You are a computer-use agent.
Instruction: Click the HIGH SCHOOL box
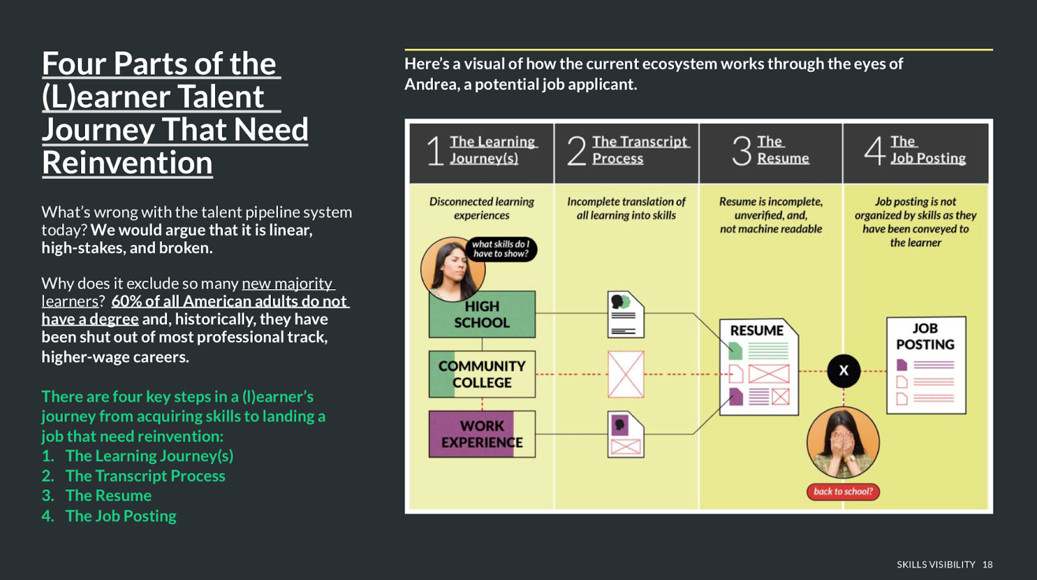coord(482,315)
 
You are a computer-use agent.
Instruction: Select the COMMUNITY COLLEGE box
coord(482,375)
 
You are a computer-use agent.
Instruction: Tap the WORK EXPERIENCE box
coord(482,434)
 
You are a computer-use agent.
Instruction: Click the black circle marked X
coord(843,371)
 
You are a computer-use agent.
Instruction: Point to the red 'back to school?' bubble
coord(843,492)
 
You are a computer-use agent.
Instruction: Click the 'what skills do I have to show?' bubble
coord(500,249)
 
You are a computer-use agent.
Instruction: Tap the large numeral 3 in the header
coord(741,150)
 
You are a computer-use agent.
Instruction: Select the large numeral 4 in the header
coord(874,150)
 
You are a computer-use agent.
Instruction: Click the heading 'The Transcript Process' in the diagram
coord(639,150)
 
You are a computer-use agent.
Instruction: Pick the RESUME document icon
coord(759,366)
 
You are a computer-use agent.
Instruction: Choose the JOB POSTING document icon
coord(926,365)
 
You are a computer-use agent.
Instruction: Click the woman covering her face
coord(843,443)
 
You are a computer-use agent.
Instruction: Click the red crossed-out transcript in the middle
coord(625,375)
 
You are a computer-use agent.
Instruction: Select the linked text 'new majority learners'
coord(188,292)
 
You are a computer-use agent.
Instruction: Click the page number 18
coord(987,564)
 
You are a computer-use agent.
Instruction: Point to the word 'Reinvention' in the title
coord(127,163)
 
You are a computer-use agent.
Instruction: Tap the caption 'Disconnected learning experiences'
coord(482,209)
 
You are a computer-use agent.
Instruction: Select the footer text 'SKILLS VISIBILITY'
coord(935,564)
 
